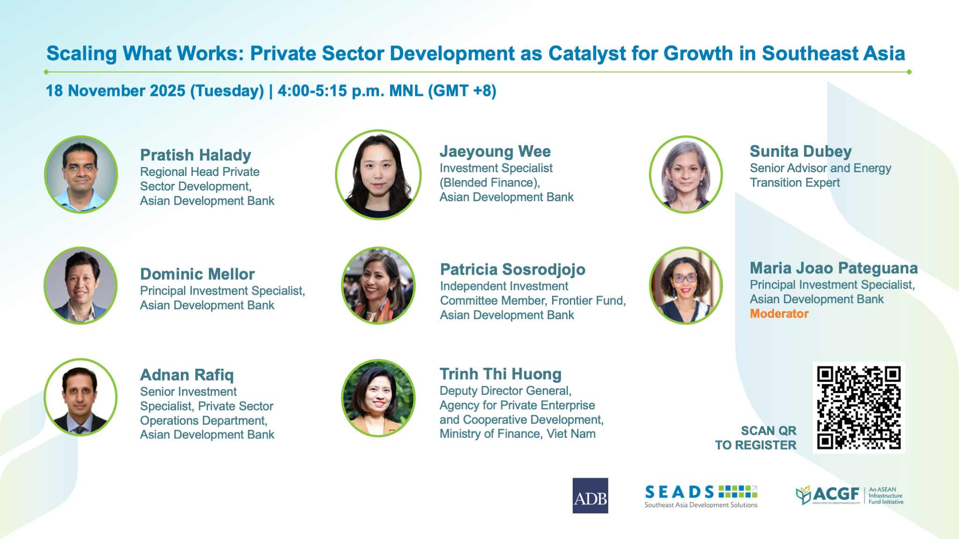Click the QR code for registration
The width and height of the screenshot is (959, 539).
point(859,408)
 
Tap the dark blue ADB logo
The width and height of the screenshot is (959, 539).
point(590,495)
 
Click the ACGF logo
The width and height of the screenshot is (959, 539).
point(849,495)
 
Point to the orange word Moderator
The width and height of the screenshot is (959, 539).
point(779,313)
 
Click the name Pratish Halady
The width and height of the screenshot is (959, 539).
point(196,155)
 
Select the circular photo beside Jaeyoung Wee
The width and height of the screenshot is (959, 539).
point(378,175)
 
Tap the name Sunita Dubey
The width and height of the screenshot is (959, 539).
point(801,152)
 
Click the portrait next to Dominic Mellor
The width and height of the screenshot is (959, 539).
point(81,285)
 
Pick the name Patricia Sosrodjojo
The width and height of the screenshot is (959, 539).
point(513,269)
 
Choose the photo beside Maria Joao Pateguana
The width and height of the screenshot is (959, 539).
point(686,285)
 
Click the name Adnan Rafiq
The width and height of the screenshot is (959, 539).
point(187,375)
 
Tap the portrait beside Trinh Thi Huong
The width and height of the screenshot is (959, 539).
point(378,398)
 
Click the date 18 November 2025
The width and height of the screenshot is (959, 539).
point(116,91)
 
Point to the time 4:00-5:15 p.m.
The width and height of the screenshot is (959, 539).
point(331,91)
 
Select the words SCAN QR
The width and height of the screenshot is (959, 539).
point(768,430)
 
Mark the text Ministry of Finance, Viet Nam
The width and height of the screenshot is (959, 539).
point(517,434)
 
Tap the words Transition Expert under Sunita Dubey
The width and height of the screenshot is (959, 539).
point(795,182)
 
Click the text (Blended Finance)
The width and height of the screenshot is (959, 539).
point(489,182)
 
